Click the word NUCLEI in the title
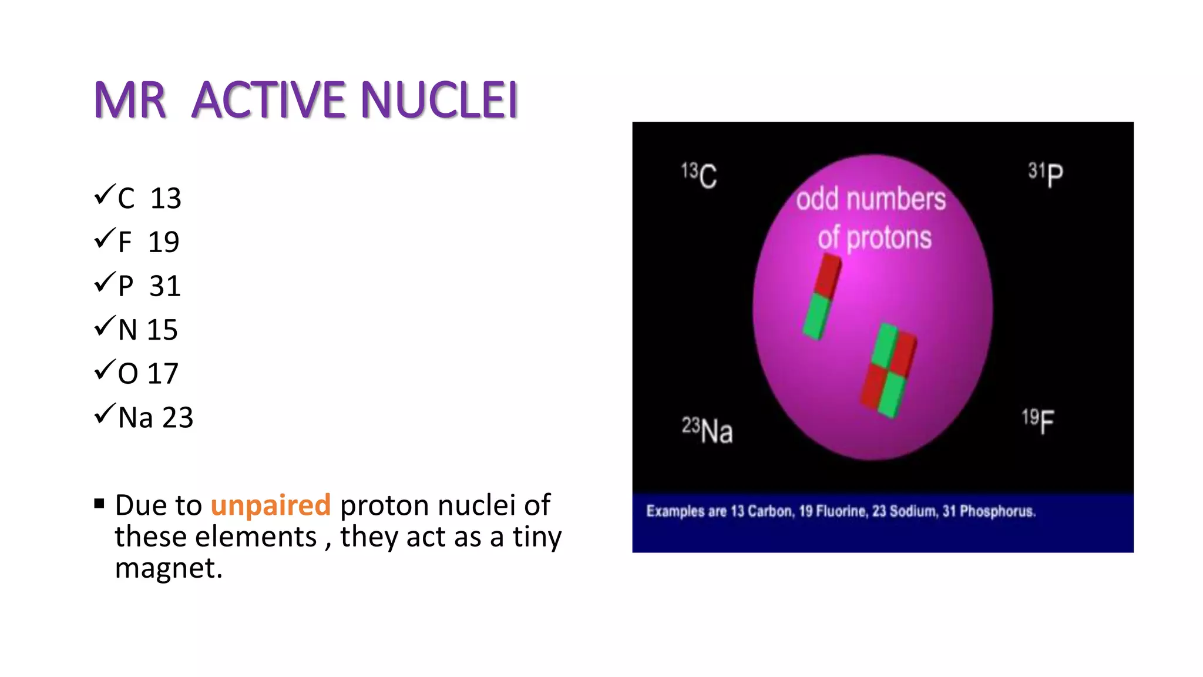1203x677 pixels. click(x=439, y=100)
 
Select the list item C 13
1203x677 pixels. click(x=149, y=198)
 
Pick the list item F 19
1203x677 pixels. click(x=149, y=242)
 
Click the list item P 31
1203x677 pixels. click(x=149, y=286)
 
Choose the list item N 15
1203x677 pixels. click(x=147, y=330)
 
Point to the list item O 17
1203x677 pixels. click(x=147, y=374)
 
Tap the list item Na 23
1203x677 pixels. click(x=155, y=418)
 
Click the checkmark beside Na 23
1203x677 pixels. click(x=103, y=414)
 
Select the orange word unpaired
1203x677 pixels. click(x=271, y=505)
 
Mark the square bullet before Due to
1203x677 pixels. click(x=99, y=504)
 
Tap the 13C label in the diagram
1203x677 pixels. click(x=699, y=175)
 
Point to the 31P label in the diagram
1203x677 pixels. click(x=1046, y=174)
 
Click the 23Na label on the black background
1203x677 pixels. click(x=707, y=430)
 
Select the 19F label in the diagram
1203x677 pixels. click(x=1038, y=421)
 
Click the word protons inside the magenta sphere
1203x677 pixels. click(x=889, y=238)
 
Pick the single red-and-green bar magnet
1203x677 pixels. click(x=822, y=297)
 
